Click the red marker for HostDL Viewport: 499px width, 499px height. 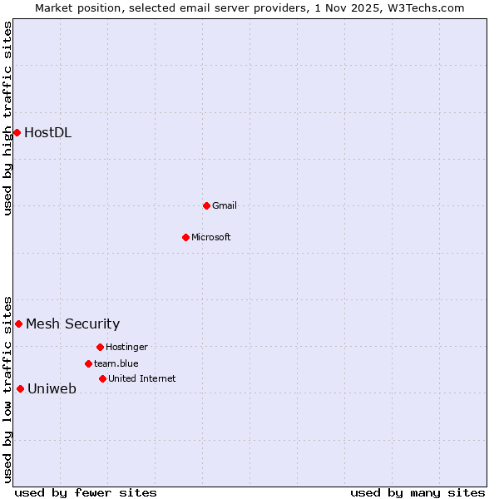pyautogui.click(x=17, y=132)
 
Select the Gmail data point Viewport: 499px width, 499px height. pyautogui.click(x=206, y=205)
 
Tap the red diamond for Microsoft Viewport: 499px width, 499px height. pyautogui.click(x=186, y=237)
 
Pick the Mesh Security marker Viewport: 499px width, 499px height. pyautogui.click(x=18, y=324)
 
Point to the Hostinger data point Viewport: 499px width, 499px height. pyautogui.click(x=100, y=347)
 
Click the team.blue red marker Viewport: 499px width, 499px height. pyautogui.click(x=88, y=363)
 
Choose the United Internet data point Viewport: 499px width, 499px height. pyautogui.click(x=102, y=378)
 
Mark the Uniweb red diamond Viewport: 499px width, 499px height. pyautogui.click(x=20, y=388)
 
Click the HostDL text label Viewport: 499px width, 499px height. pyautogui.click(x=47, y=132)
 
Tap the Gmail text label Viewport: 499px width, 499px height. pyautogui.click(x=224, y=205)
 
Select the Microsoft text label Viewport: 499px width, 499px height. pyautogui.click(x=210, y=237)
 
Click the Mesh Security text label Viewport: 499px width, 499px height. pyautogui.click(x=72, y=324)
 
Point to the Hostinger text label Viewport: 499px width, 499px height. pyautogui.click(x=126, y=347)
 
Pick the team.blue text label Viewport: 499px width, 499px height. pyautogui.click(x=116, y=363)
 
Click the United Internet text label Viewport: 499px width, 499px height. pyautogui.click(x=141, y=378)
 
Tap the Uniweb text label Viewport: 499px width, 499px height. pyautogui.click(x=52, y=388)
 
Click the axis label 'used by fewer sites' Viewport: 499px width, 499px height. pyautogui.click(x=86, y=492)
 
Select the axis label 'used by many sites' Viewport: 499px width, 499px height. pyautogui.click(x=417, y=492)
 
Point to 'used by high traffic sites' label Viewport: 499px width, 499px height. pyautogui.click(x=7, y=118)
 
